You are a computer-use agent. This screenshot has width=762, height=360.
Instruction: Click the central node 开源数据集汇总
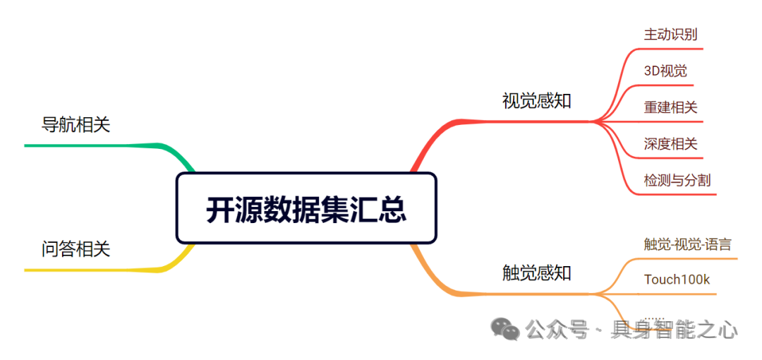pos(306,209)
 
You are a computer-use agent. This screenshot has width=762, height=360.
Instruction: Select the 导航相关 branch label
pos(76,125)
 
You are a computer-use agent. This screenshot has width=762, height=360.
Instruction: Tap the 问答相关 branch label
pos(76,248)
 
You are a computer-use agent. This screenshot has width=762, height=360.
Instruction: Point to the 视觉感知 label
pos(536,101)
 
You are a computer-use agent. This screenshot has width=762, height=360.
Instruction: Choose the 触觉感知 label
pos(536,272)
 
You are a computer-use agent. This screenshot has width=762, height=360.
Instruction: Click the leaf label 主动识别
pos(670,34)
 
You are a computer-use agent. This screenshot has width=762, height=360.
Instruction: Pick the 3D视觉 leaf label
pos(665,71)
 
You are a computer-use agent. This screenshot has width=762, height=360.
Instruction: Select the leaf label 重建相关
pos(670,107)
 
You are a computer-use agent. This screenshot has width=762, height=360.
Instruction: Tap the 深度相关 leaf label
pos(670,144)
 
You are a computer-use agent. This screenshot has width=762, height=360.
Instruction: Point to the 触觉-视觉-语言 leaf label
pos(687,244)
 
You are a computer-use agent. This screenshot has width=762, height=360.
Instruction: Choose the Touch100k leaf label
pos(677,280)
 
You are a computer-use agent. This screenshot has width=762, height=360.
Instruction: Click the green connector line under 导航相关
pos(92,145)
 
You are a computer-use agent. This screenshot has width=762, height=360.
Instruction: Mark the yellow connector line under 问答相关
pos(92,270)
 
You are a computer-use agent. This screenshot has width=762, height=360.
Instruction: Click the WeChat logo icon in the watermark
pos(505,328)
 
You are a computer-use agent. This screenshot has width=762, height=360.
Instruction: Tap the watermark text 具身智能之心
pos(675,330)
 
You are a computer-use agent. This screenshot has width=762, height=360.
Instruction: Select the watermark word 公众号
pos(557,330)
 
